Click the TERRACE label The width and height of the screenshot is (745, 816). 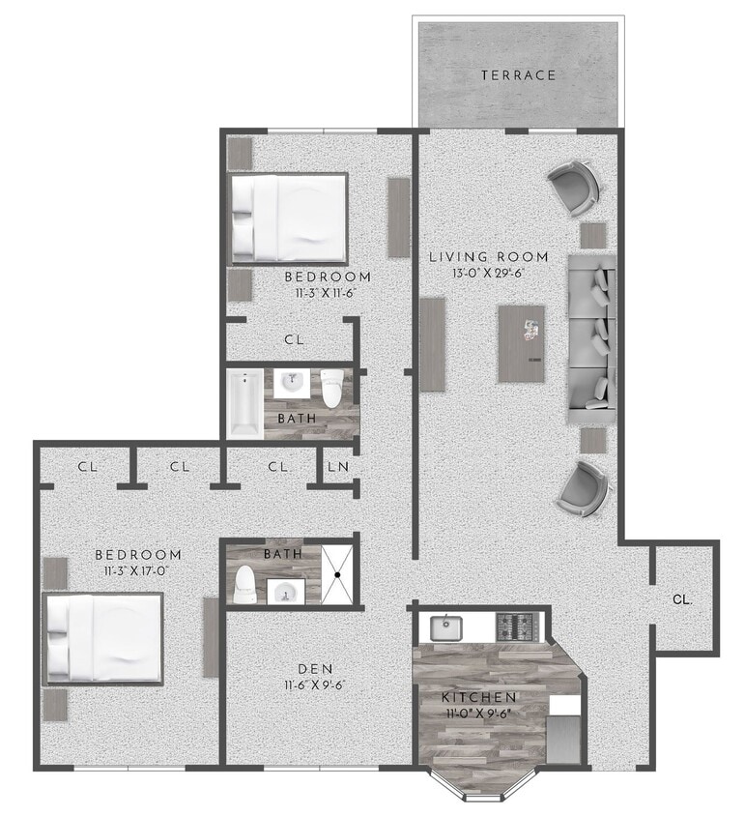(519, 74)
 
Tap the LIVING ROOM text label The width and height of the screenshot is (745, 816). (489, 257)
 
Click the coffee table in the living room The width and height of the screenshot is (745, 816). (521, 343)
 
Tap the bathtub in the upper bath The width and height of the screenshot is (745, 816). (244, 402)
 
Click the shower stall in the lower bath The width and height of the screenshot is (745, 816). (336, 573)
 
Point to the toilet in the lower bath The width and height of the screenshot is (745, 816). (245, 585)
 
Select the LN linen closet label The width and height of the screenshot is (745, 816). (337, 467)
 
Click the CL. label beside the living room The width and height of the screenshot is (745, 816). (682, 599)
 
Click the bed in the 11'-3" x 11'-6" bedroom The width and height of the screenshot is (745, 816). (288, 219)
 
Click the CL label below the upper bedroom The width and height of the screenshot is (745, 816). (295, 340)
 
